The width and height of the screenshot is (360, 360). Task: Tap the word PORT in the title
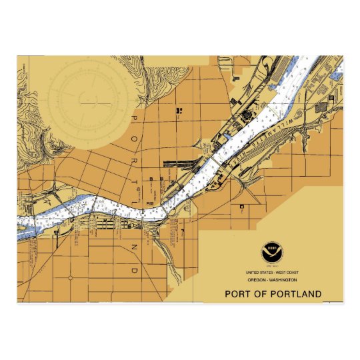coord(239,293)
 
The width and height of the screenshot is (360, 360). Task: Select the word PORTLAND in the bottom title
coord(296,293)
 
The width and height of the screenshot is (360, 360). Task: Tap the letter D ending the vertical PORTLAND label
coord(133,271)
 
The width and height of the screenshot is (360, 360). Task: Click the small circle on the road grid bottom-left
coord(70,277)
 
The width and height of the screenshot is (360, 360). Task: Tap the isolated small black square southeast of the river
coord(240,207)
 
